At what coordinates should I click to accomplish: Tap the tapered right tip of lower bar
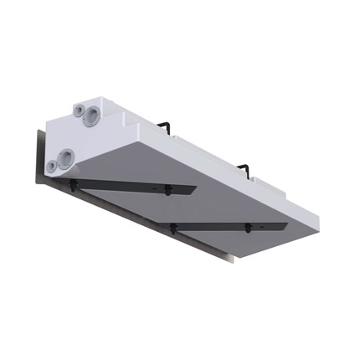283,224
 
